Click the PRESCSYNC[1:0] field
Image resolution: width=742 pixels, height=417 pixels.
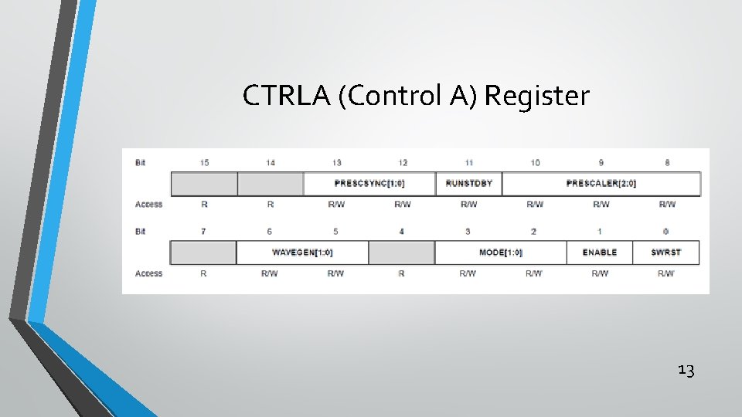coord(369,184)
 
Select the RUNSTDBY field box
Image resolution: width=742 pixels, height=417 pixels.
coord(468,184)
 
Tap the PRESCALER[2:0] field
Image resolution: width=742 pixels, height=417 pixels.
coord(601,184)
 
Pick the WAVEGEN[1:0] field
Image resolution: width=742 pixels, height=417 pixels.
coord(302,253)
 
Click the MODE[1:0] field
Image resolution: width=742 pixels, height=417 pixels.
coord(501,253)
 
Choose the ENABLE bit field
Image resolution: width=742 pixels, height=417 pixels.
coord(600,253)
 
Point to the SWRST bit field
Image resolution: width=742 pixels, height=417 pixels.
coord(666,253)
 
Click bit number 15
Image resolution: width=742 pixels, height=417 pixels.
coord(204,162)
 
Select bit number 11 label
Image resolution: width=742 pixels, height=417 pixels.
coord(468,162)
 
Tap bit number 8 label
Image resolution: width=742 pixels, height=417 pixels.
coord(667,162)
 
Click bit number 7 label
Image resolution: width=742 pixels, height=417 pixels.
coord(204,231)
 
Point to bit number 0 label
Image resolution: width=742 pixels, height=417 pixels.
coord(666,231)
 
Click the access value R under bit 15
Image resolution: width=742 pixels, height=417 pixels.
coord(204,205)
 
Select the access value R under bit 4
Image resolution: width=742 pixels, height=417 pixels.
coord(402,273)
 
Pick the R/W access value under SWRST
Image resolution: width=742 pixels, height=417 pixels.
coord(666,273)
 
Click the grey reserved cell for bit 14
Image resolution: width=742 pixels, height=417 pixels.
coord(271,184)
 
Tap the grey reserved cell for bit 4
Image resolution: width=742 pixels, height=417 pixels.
coord(402,253)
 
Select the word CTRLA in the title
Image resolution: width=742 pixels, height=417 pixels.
coord(287,97)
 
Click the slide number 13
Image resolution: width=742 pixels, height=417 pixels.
coord(686,371)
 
